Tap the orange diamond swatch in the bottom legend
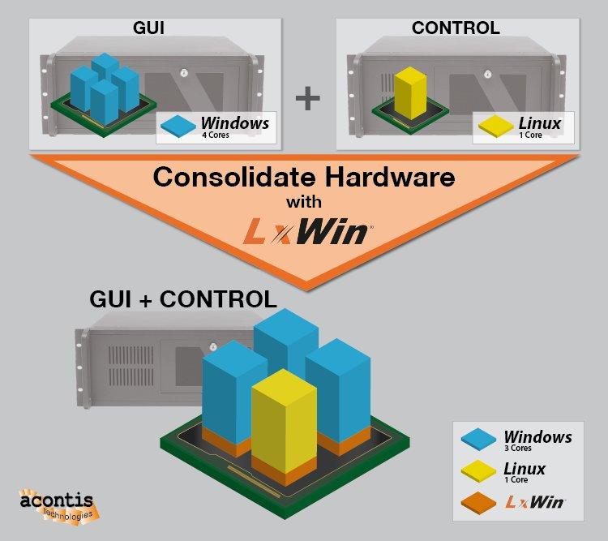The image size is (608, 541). (478, 504)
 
